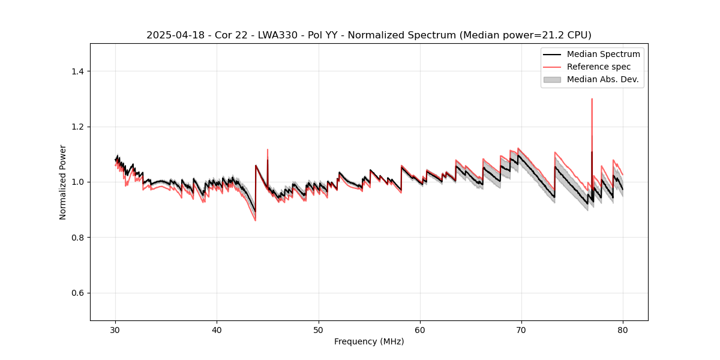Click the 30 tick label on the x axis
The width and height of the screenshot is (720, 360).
point(116,329)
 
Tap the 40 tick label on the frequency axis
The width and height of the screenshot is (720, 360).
point(217,329)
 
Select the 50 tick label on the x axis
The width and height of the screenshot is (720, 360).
point(319,329)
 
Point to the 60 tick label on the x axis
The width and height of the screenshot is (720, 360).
point(420,329)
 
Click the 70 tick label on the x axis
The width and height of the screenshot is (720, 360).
point(521,329)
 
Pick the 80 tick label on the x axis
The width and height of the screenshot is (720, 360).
point(623,329)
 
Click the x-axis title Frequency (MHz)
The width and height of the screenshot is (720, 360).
point(369,341)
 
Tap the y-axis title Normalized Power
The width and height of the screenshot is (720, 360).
point(63,182)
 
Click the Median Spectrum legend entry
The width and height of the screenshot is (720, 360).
point(603,54)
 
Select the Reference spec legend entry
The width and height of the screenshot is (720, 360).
point(599,67)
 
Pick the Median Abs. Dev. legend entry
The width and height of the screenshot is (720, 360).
point(602,79)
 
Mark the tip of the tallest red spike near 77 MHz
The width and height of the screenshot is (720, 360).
point(592,99)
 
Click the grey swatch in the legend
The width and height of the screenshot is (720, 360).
point(552,79)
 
